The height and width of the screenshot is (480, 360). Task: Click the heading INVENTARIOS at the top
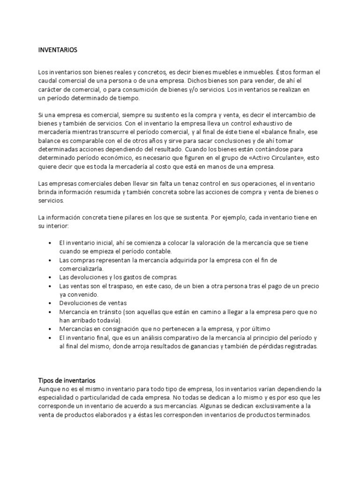[x=57, y=49]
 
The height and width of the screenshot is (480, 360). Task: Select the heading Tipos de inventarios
[x=66, y=380]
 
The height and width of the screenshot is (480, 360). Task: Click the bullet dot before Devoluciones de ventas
[x=50, y=303]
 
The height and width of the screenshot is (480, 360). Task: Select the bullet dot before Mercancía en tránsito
[x=50, y=312]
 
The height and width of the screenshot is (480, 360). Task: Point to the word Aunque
[x=48, y=389]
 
